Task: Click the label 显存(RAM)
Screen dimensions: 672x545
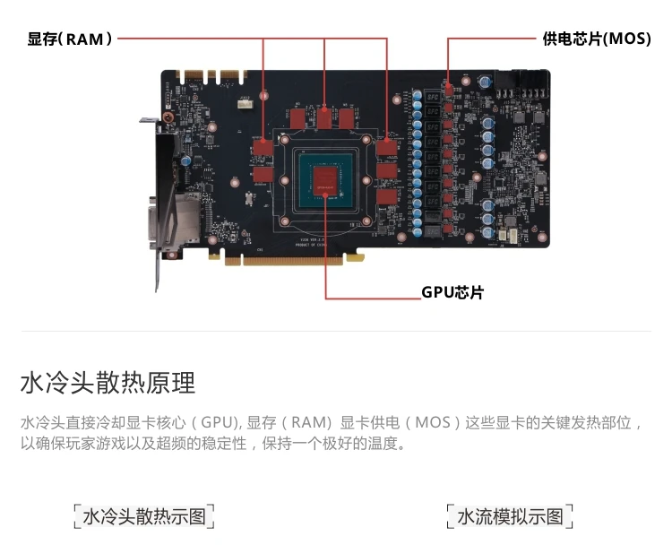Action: pyautogui.click(x=70, y=39)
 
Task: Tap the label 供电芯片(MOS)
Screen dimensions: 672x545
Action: pyautogui.click(x=597, y=39)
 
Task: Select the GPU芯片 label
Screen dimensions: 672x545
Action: pyautogui.click(x=452, y=292)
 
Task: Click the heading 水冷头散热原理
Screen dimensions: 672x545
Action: pyautogui.click(x=108, y=383)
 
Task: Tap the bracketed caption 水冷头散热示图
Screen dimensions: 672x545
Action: pyautogui.click(x=144, y=516)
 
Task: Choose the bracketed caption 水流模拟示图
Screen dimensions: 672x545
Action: pyautogui.click(x=510, y=516)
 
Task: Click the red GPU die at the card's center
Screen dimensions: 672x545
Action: pyautogui.click(x=326, y=180)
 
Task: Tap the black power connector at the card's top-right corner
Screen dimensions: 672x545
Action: pyautogui.click(x=521, y=84)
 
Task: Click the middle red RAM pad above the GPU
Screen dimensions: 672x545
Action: pyautogui.click(x=324, y=117)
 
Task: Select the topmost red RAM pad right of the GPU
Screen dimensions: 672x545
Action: pyautogui.click(x=387, y=148)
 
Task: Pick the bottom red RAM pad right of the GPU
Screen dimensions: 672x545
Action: pyautogui.click(x=387, y=197)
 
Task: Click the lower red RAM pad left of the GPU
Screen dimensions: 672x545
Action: pyautogui.click(x=263, y=175)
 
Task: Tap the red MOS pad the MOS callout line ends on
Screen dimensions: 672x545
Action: pyautogui.click(x=448, y=90)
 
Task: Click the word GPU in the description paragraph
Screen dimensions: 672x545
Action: pyautogui.click(x=218, y=423)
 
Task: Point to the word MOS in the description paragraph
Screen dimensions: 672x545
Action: pyautogui.click(x=433, y=423)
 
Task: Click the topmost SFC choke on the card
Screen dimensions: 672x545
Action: pyautogui.click(x=432, y=97)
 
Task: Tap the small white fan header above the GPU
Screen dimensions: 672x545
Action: pyautogui.click(x=246, y=103)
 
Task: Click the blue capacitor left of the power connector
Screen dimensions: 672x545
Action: pyautogui.click(x=485, y=81)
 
